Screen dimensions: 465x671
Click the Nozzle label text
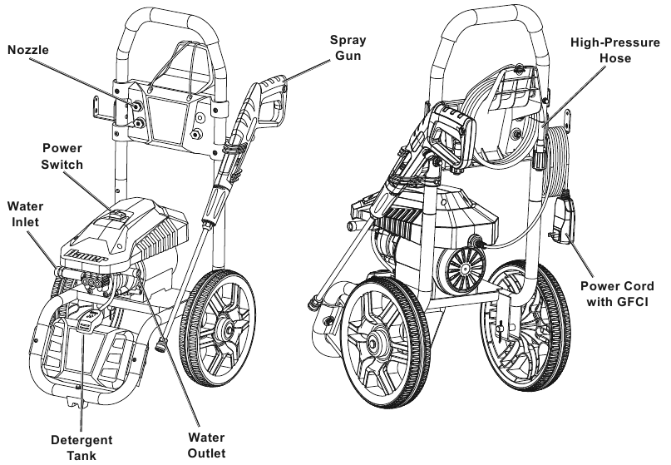pyautogui.click(x=29, y=50)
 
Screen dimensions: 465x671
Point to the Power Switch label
pyautogui.click(x=62, y=156)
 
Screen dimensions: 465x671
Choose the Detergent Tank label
pyautogui.click(x=81, y=445)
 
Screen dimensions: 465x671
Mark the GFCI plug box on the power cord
pyautogui.click(x=565, y=217)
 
